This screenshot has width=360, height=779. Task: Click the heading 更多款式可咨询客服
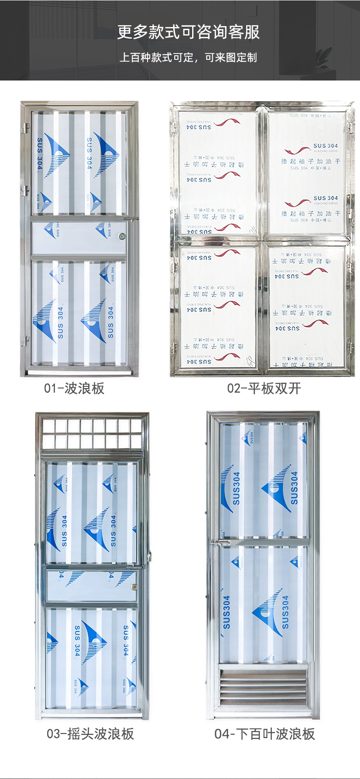pos(188,32)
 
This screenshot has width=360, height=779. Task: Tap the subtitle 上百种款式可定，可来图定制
pos(188,58)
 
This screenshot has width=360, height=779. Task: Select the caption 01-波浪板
pos(74,388)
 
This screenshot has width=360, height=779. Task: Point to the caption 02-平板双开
pos(264,388)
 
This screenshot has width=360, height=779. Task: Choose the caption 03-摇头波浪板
pos(90,734)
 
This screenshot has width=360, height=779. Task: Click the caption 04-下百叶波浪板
pos(265,734)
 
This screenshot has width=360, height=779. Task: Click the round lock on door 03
pos(134,587)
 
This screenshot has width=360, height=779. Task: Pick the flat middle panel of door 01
pos(79,237)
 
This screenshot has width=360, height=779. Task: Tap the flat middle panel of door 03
pos(91,586)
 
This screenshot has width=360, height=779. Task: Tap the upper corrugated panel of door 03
pos(91,513)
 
